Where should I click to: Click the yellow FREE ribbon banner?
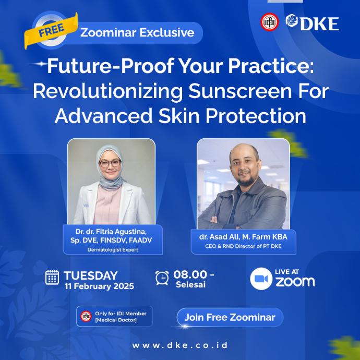point(51,30)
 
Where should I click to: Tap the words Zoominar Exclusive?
point(137,32)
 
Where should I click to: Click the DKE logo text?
point(319,23)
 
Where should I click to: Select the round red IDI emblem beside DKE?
point(270,22)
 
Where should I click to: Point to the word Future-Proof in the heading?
point(110,66)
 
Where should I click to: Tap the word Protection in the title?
point(256,115)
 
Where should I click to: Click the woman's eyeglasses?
point(110,163)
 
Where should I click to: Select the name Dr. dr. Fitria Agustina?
point(111,231)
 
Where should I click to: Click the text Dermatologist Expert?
point(113,250)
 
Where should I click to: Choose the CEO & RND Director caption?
point(243,246)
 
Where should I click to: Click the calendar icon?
point(52,278)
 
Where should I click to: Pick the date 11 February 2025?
point(99,286)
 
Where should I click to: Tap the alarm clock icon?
point(162,278)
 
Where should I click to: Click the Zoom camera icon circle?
point(261,279)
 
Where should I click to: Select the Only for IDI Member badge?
point(114,316)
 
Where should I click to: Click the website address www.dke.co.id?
point(180,345)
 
